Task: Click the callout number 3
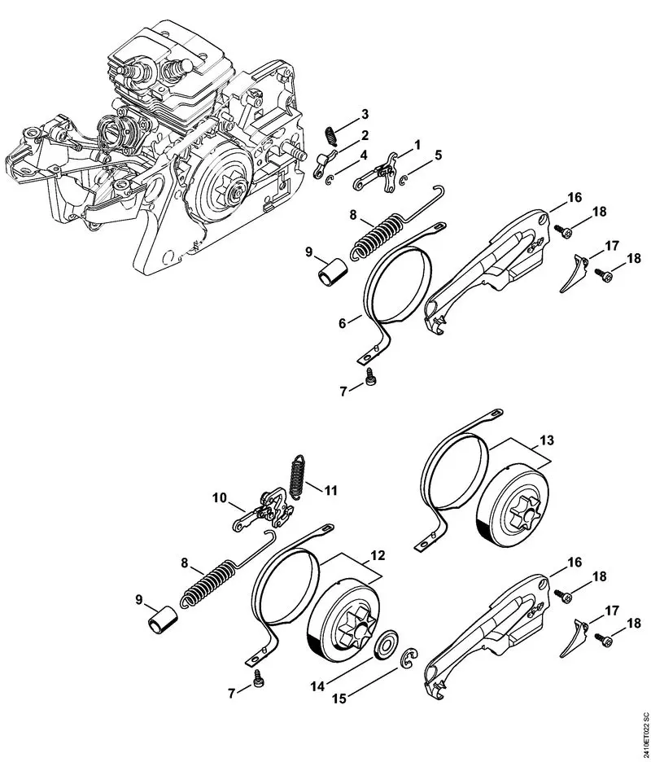point(365,113)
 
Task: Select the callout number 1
point(417,144)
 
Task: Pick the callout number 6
point(345,323)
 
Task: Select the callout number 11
point(330,490)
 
